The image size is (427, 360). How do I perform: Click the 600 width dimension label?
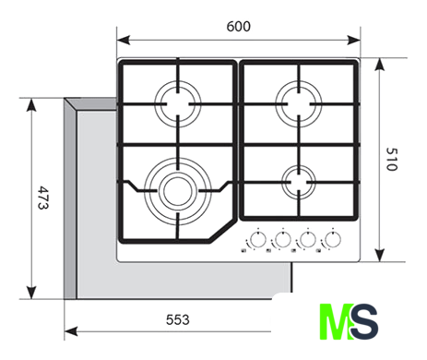pyautogui.click(x=238, y=27)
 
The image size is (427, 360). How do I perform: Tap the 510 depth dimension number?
pyautogui.click(x=392, y=159)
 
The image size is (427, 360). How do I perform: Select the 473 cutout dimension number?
pyautogui.click(x=43, y=198)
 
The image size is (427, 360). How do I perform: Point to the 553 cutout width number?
pyautogui.click(x=178, y=320)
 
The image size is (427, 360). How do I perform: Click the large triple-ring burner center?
pyautogui.click(x=178, y=191)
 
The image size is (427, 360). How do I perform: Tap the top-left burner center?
pyautogui.click(x=178, y=104)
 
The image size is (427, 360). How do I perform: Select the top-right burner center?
pyautogui.click(x=299, y=104)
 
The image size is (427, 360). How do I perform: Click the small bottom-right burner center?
pyautogui.click(x=299, y=182)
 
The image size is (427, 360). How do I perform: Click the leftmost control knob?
pyautogui.click(x=258, y=239)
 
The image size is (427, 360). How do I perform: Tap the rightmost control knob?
pyautogui.click(x=333, y=239)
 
